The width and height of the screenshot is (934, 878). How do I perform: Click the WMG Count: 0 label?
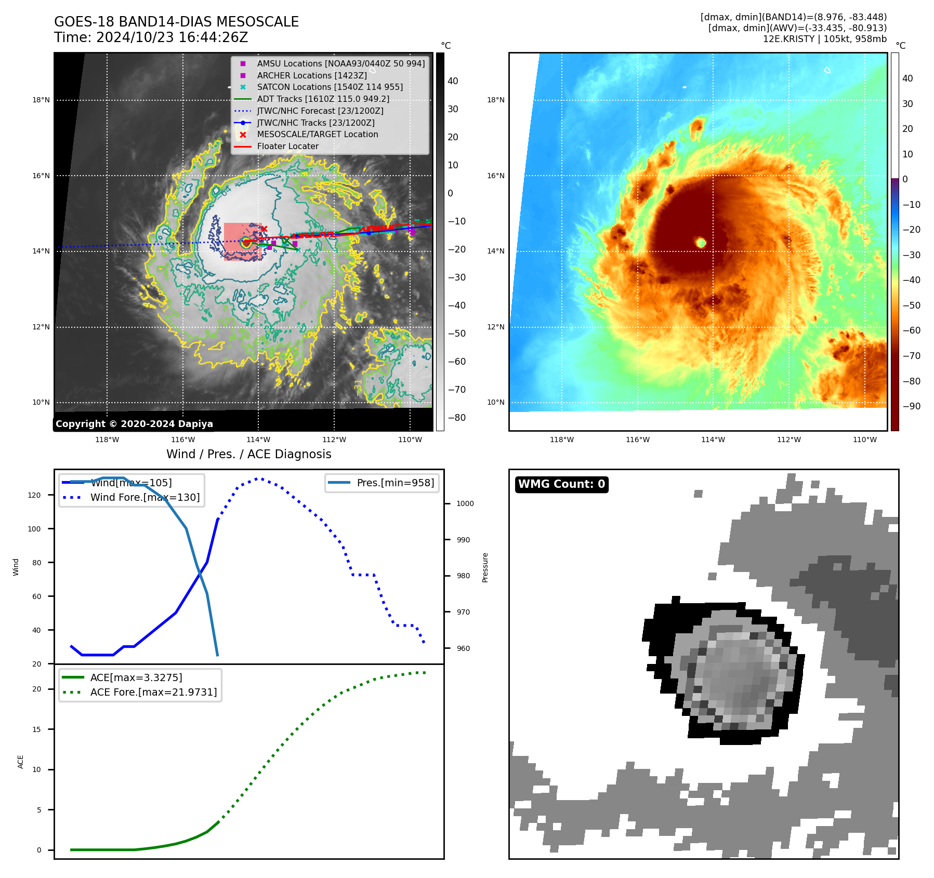(x=561, y=484)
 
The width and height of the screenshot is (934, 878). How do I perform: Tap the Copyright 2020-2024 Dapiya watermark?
(x=134, y=424)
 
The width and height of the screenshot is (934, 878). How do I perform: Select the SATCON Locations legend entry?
(x=330, y=87)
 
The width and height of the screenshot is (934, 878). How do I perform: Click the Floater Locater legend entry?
(x=287, y=147)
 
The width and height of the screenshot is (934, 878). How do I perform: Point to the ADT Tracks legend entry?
(x=323, y=99)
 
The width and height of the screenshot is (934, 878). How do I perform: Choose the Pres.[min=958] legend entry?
(x=395, y=483)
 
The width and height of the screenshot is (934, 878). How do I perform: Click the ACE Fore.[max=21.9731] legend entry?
(x=153, y=692)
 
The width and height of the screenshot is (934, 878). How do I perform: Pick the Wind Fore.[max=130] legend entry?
(x=144, y=497)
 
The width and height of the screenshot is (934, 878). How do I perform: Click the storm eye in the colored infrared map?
(x=701, y=243)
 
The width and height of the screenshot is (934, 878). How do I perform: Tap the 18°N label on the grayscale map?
(x=41, y=100)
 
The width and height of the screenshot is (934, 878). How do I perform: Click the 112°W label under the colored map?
(x=788, y=440)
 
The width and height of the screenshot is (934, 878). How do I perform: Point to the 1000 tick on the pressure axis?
(x=465, y=503)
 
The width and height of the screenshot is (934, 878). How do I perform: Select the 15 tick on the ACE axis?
(x=37, y=729)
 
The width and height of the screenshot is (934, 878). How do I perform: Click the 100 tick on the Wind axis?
(x=34, y=529)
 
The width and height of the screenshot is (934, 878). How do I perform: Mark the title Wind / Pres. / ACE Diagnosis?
(x=248, y=454)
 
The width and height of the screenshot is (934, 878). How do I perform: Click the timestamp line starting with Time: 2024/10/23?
(x=151, y=38)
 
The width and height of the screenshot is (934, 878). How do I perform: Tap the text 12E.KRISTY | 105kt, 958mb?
(x=824, y=39)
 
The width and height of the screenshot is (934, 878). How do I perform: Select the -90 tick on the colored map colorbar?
(x=911, y=406)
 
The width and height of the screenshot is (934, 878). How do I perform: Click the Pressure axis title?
(x=485, y=567)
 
